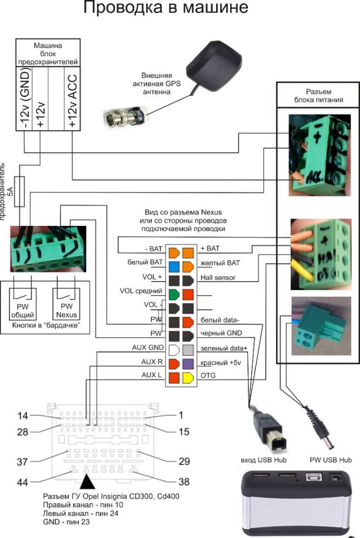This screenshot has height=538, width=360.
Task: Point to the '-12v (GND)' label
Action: coord(25,100)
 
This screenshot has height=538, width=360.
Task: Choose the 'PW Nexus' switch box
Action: coord(67,304)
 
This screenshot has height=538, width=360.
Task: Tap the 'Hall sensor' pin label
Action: coord(218,277)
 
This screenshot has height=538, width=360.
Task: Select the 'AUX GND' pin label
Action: coord(148,348)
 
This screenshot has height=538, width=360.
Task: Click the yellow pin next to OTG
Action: coord(188,377)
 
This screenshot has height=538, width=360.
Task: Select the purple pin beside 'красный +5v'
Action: coord(188,363)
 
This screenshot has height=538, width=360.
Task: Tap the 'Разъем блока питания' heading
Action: coord(317,96)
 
